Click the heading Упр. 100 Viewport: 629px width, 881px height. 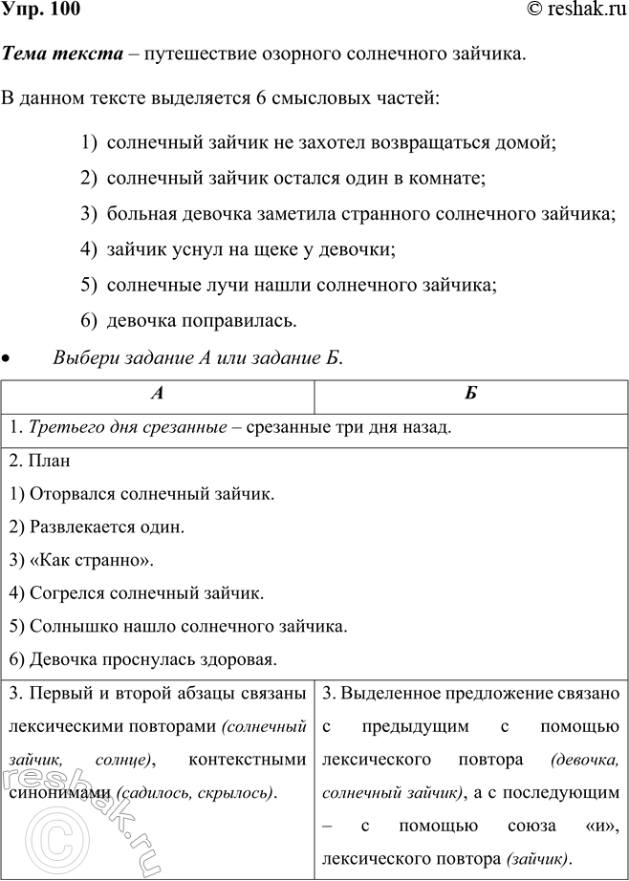tap(41, 11)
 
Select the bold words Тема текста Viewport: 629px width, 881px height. tap(63, 54)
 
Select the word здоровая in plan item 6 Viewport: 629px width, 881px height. tap(237, 659)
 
